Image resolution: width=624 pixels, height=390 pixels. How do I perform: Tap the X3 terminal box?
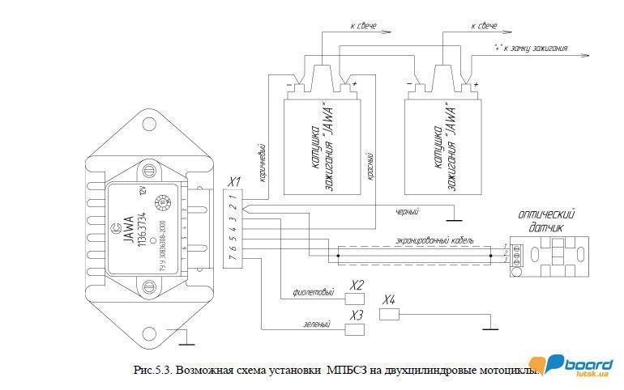pos(355,329)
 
